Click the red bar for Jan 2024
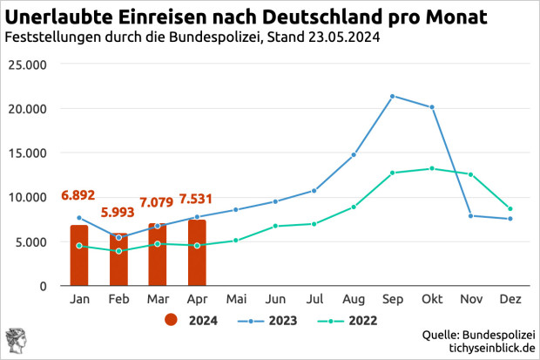coord(79,255)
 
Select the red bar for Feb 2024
coord(118,259)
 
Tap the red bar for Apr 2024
coord(197,253)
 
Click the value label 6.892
coord(78,195)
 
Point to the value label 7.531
coord(196,199)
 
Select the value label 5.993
coord(118,211)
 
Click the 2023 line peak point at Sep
coord(393,96)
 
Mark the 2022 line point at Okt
coord(432,168)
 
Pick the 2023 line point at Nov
coord(471,215)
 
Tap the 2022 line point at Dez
coord(510,208)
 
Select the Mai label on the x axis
coord(236,299)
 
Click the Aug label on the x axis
coord(354,299)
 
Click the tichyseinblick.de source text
coord(490,347)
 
